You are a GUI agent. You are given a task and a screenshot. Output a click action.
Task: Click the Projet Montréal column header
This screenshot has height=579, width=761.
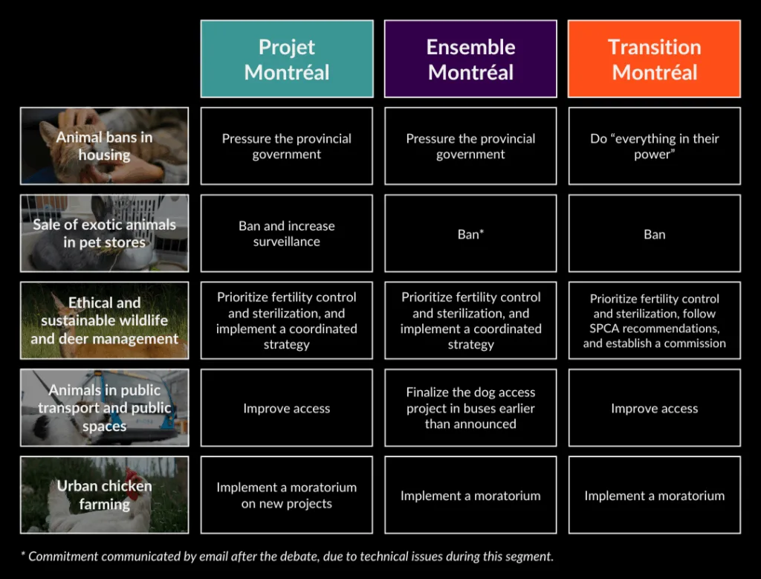click(x=287, y=59)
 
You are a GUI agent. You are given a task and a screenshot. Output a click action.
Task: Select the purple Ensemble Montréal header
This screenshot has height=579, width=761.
click(x=470, y=59)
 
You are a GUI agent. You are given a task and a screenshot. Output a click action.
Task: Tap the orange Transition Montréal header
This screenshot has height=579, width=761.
click(x=654, y=59)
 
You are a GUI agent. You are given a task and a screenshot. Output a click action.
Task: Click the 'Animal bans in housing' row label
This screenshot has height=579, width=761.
click(x=104, y=146)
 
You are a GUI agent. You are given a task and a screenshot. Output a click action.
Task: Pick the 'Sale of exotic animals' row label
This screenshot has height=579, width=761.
click(x=104, y=233)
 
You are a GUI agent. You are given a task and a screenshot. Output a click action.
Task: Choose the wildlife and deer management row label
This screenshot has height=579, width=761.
click(x=104, y=320)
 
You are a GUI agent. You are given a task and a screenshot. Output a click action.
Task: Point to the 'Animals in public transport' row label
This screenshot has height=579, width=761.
click(x=104, y=408)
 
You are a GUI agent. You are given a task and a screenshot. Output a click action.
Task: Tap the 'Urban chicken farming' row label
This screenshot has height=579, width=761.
click(x=104, y=495)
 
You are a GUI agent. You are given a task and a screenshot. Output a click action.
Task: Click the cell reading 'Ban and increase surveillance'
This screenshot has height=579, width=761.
click(x=287, y=233)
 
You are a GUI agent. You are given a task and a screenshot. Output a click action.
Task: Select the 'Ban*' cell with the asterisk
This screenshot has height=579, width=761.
click(x=470, y=233)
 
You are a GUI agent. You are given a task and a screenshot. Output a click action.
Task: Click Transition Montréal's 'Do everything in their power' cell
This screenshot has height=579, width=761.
click(x=654, y=146)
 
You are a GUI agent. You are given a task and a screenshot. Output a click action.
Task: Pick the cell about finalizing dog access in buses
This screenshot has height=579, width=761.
click(x=470, y=408)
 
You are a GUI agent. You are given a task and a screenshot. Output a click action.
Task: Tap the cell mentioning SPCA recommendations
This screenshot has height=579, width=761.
click(x=654, y=320)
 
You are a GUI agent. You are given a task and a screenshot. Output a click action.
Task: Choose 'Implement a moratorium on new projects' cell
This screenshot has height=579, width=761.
click(x=287, y=495)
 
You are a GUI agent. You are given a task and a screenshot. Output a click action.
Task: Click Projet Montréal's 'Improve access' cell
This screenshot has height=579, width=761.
click(x=287, y=408)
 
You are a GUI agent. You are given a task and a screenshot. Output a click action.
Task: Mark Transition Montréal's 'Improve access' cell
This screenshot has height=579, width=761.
click(x=654, y=408)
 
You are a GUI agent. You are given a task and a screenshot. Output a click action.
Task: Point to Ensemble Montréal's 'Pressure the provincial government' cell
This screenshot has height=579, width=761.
click(x=470, y=146)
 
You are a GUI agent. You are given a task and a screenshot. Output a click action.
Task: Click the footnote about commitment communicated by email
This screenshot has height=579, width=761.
click(x=287, y=556)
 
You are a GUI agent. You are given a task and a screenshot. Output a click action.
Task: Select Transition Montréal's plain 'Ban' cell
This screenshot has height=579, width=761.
click(x=654, y=233)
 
